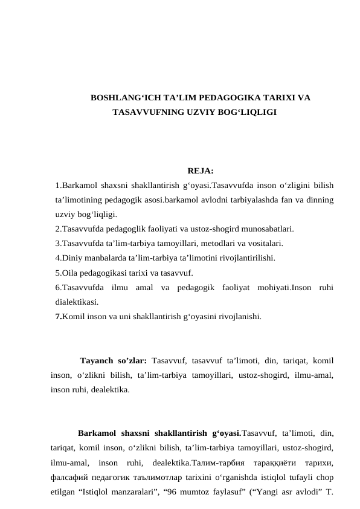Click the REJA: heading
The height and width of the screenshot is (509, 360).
(x=200, y=170)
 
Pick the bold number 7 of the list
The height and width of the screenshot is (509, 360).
(x=57, y=316)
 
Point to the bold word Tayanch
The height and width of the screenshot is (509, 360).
(x=100, y=361)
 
